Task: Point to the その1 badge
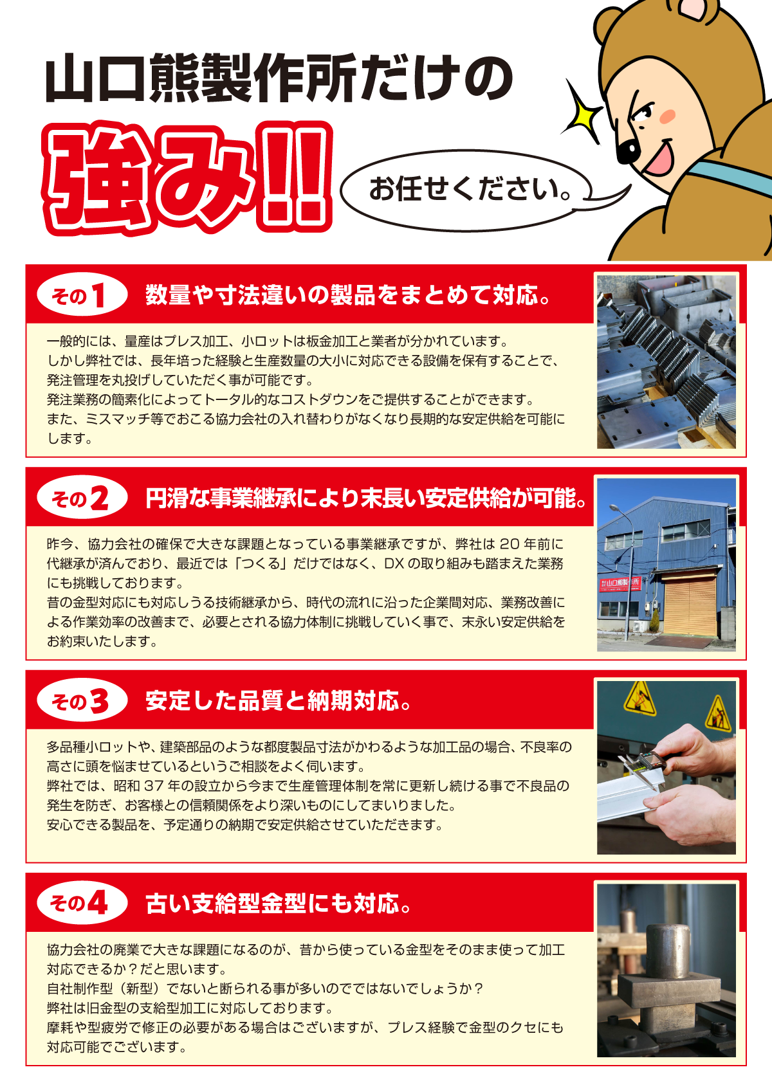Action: click(80, 296)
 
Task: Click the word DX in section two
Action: click(394, 564)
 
